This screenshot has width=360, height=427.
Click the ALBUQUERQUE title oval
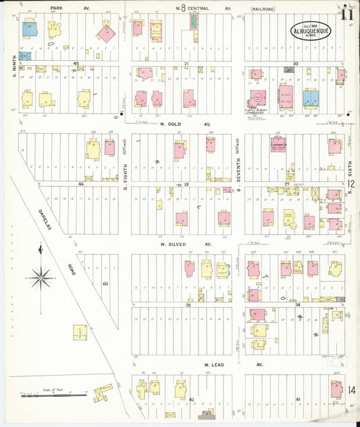click(311, 31)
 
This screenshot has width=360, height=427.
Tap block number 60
click(105, 283)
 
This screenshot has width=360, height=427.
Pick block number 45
click(76, 64)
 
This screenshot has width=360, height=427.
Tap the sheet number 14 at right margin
click(352, 391)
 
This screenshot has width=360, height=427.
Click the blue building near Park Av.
click(29, 28)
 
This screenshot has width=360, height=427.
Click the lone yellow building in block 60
click(80, 332)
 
